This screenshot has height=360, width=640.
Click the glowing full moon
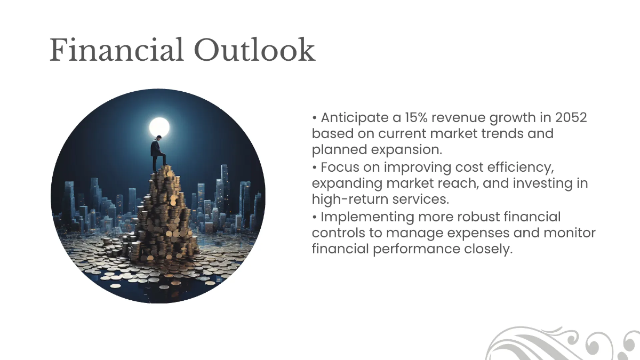pyautogui.click(x=159, y=127)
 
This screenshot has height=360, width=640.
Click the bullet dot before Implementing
pyautogui.click(x=315, y=217)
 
